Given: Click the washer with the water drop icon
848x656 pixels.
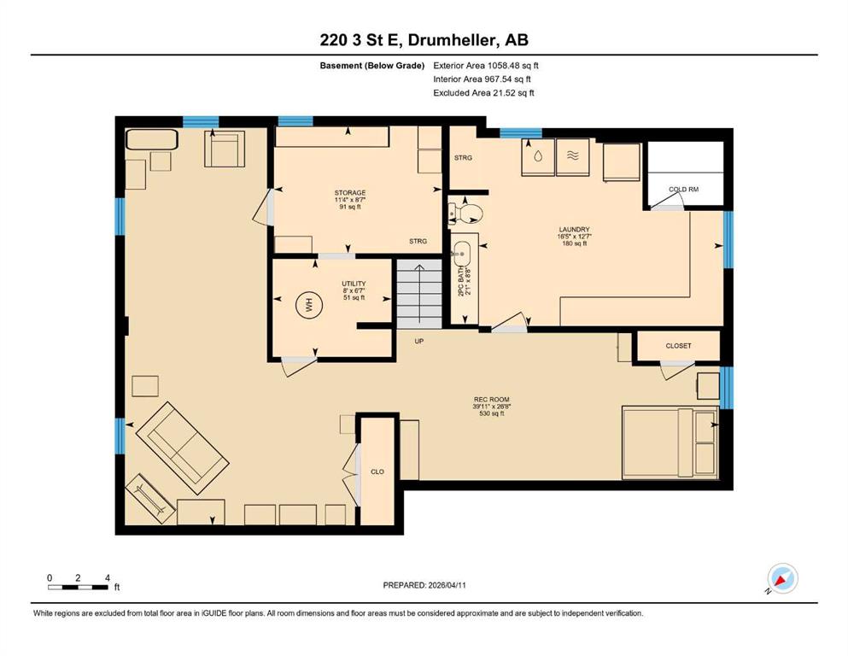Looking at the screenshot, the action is (x=537, y=157).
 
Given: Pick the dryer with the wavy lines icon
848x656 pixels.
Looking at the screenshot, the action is (x=573, y=157).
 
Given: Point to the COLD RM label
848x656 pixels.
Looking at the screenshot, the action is (x=683, y=190).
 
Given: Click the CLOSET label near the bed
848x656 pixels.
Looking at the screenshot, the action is (x=678, y=346).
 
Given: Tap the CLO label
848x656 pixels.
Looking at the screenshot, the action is (x=377, y=471).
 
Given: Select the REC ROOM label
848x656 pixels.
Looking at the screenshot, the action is (x=492, y=400).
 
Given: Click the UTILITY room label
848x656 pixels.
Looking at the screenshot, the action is (x=354, y=284).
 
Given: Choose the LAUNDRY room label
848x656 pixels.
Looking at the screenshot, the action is (x=575, y=229).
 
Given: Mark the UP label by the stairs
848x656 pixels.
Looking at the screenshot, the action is (x=419, y=342).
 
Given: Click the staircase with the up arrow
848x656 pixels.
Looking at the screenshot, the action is (x=419, y=294).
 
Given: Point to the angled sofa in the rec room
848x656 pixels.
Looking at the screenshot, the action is (x=182, y=448).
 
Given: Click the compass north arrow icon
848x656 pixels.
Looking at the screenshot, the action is (x=782, y=579).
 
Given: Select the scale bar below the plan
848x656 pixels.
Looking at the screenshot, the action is (x=78, y=587).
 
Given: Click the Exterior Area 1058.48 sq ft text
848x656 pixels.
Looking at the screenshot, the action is (x=486, y=66).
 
